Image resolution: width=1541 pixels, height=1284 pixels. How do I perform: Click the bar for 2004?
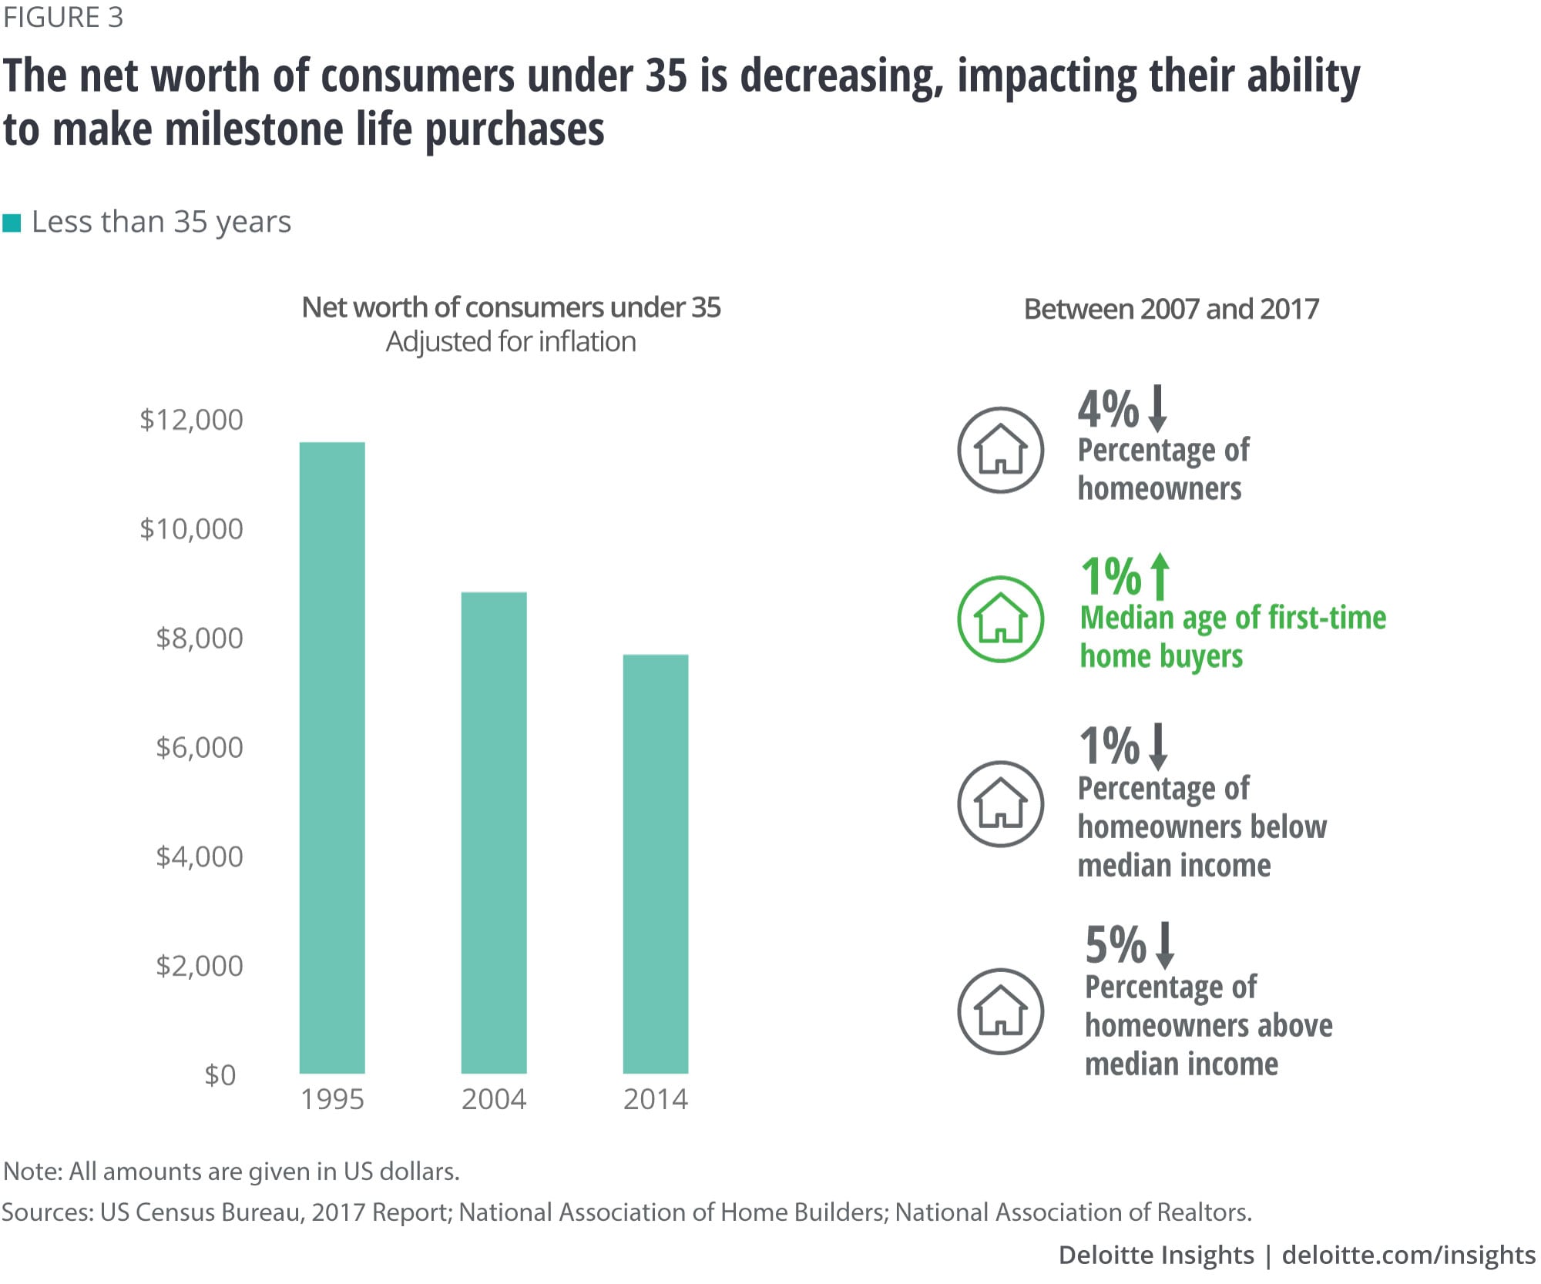(494, 832)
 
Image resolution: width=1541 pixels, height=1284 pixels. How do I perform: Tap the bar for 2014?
(656, 863)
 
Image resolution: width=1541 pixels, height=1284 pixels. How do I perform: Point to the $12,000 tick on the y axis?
(191, 420)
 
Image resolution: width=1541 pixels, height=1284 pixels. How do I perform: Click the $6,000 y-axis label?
(200, 747)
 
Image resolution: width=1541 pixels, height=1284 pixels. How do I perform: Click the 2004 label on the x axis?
(494, 1099)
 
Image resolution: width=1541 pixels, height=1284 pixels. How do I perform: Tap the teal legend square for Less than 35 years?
(12, 223)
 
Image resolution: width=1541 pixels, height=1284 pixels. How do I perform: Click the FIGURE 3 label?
(63, 18)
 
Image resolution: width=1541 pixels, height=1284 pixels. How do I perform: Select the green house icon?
(1000, 619)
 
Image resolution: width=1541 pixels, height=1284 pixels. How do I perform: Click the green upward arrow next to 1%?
(1160, 576)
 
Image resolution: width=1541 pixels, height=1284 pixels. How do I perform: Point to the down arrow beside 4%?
(1157, 408)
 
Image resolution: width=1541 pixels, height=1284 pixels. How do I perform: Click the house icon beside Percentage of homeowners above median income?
(1000, 1011)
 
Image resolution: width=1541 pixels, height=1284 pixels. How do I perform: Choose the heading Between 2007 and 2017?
(1171, 309)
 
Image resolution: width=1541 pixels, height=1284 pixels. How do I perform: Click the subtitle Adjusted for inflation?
(511, 341)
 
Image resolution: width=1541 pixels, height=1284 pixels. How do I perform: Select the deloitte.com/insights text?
(1408, 1255)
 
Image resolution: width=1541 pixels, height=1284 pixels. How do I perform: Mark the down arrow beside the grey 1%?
(1158, 746)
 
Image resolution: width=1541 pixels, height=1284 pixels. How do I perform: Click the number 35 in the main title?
(666, 76)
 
